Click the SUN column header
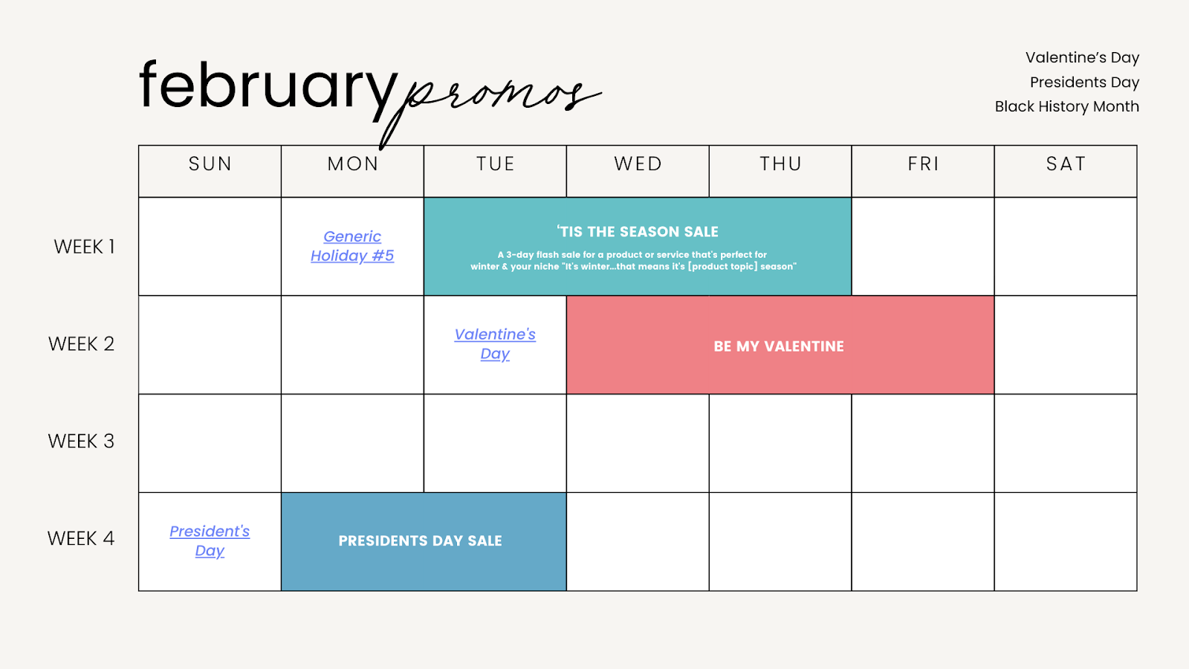pos(210,164)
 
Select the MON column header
pos(353,164)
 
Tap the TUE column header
pos(495,164)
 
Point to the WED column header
pos(638,164)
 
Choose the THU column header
pos(780,164)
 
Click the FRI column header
pos(923,164)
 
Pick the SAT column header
pos(1066,164)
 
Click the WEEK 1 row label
pos(84,247)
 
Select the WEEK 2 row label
pos(81,344)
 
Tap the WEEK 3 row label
pos(81,442)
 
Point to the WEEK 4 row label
pos(81,538)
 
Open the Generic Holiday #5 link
pos(352,246)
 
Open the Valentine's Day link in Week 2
pos(495,344)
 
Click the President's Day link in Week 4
pos(210,541)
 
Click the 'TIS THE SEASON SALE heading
pos(638,231)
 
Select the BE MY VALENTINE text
pos(779,346)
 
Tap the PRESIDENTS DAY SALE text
pos(421,540)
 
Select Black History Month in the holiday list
pos(1067,106)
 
